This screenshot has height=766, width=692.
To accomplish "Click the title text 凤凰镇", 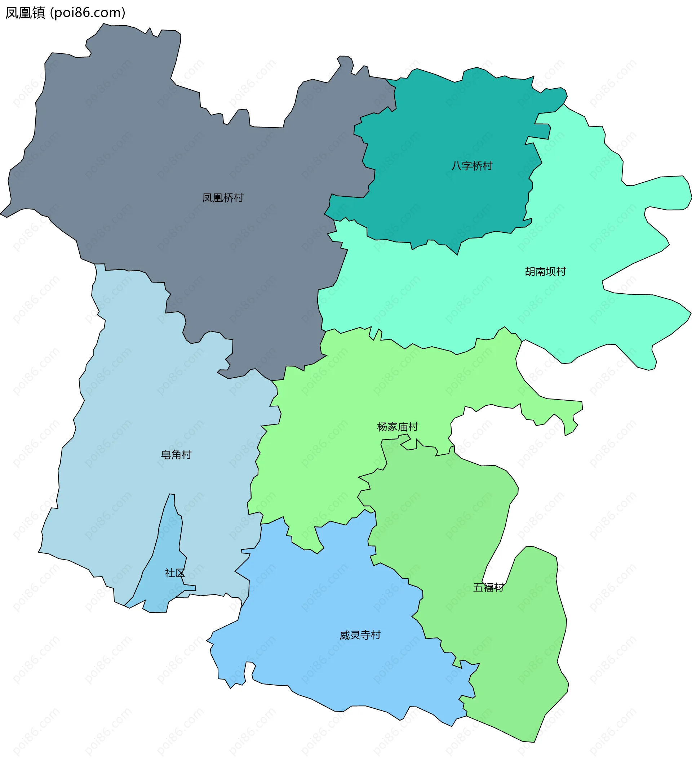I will pyautogui.click(x=25, y=13).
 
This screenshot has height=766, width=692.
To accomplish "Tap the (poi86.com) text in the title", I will pyautogui.click(x=88, y=13).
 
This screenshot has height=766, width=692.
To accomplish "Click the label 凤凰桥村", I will pyautogui.click(x=223, y=198).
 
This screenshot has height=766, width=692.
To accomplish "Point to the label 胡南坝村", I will pyautogui.click(x=545, y=272).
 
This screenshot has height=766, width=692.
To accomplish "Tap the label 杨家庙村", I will pyautogui.click(x=398, y=427).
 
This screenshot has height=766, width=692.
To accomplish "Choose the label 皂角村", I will pyautogui.click(x=176, y=455).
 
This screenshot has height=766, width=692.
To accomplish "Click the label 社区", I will pyautogui.click(x=175, y=573).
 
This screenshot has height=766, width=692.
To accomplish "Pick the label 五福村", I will pyautogui.click(x=488, y=588).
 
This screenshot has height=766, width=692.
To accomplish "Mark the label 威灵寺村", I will pyautogui.click(x=360, y=635).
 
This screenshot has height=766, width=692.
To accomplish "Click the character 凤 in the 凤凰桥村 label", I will pyautogui.click(x=208, y=198).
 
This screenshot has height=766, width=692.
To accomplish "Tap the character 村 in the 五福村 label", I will pyautogui.click(x=498, y=588).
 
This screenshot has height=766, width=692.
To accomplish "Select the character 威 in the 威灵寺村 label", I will pyautogui.click(x=344, y=635).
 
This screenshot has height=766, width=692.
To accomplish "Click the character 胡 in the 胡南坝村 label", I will pyautogui.click(x=530, y=272).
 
